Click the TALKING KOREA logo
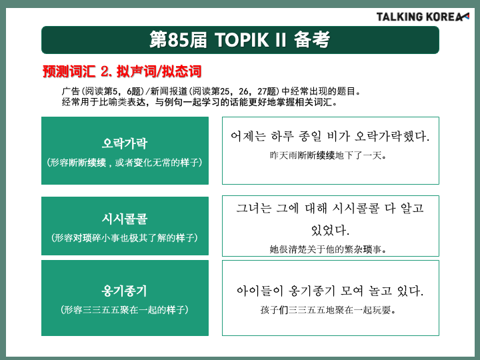point(423,17)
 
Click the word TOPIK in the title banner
point(241,40)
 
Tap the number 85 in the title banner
point(178,40)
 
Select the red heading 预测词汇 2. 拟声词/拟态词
point(122,71)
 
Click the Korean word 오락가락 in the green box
point(125,143)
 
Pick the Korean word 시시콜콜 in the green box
point(125,219)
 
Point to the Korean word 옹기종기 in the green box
point(125,291)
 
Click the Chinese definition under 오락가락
point(125,162)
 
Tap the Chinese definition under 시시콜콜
point(125,238)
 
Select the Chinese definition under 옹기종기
point(125,310)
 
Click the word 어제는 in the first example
point(248,136)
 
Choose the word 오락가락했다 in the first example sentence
point(392,136)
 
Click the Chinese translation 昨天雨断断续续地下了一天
point(328,155)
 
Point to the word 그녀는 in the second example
point(254,209)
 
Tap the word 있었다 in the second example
point(330,230)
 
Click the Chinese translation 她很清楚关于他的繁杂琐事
point(328,249)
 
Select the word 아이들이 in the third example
point(260,291)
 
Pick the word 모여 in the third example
point(351,291)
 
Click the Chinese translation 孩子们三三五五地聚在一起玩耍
point(328,310)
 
